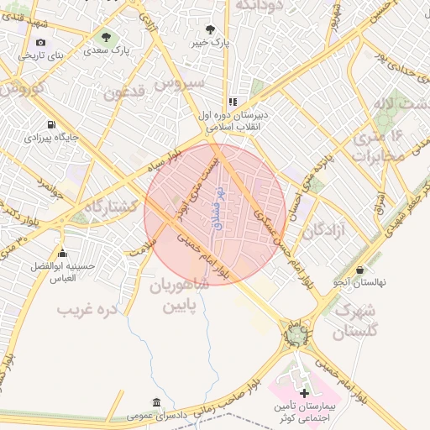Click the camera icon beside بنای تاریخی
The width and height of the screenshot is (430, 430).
click(x=41, y=42)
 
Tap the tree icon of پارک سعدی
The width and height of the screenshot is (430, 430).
click(x=106, y=37)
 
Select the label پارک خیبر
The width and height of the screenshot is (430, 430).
click(x=209, y=41)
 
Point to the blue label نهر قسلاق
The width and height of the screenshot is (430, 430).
click(x=221, y=208)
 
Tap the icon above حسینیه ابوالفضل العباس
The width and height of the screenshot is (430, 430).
click(x=60, y=254)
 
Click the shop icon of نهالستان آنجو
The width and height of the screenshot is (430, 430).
click(x=360, y=270)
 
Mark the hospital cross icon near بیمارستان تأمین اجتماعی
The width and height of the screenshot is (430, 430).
click(x=304, y=392)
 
